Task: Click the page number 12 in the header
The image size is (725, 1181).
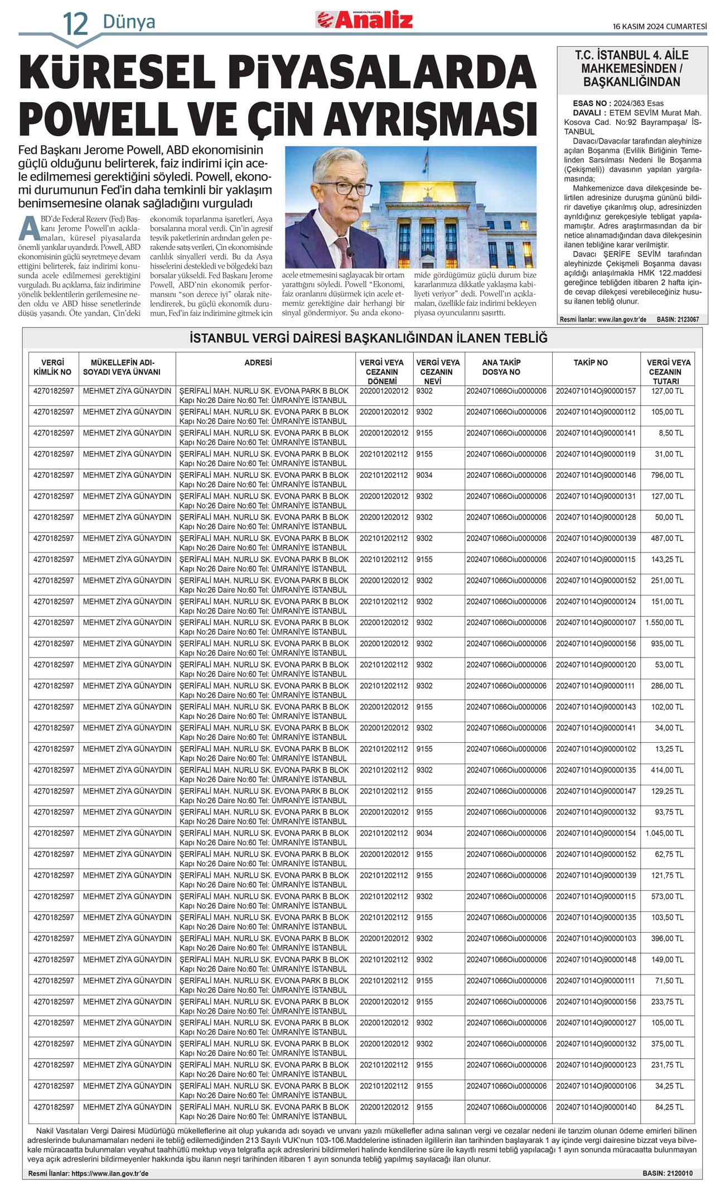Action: (x=75, y=23)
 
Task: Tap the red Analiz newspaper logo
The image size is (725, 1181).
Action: (x=365, y=20)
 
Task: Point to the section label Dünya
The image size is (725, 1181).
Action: (x=129, y=22)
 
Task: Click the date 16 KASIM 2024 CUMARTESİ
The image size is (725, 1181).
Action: (x=659, y=26)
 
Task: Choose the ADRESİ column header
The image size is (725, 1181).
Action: (x=258, y=363)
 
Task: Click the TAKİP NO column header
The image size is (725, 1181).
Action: (x=591, y=363)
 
